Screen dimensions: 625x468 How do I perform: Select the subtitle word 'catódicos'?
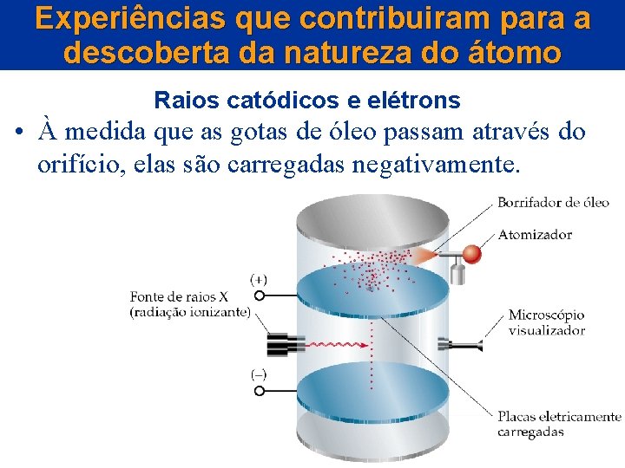pos(281,101)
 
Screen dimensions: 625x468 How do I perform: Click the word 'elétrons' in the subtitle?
pos(413,101)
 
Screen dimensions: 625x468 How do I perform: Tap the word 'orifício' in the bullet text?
pos(78,164)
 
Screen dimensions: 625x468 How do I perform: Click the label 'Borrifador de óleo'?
pos(553,203)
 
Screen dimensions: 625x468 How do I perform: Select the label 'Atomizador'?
pos(535,234)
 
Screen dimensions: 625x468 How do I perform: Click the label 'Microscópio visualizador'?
pos(546,322)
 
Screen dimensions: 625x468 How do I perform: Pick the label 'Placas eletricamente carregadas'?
pos(558,424)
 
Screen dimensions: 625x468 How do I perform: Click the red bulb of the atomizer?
pos(472,255)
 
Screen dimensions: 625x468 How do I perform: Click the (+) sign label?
pos(259,279)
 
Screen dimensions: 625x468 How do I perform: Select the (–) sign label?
pos(259,375)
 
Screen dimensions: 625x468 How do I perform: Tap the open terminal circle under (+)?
pos(259,296)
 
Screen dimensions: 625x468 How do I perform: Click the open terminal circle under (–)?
pos(259,391)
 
